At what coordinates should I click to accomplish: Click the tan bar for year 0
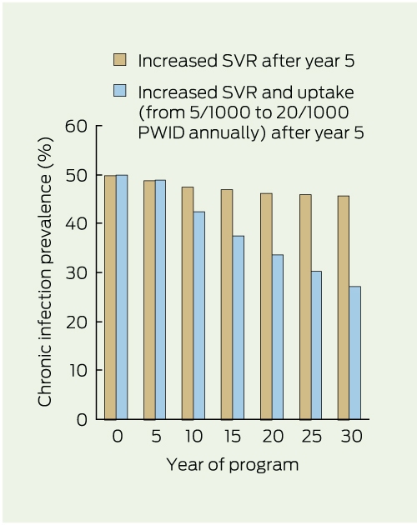coord(110,297)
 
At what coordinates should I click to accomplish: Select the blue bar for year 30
coord(354,352)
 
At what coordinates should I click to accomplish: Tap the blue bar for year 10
coord(199,315)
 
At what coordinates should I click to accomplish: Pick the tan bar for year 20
coord(266,306)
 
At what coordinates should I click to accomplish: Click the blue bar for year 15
coord(238,327)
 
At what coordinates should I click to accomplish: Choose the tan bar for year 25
coord(305,307)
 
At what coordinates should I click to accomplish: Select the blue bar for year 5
coord(160,300)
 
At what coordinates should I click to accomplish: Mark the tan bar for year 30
coord(344,307)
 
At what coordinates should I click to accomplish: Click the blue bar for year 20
coord(278,337)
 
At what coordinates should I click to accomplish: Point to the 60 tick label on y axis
coord(76,126)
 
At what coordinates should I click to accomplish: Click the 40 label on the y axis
coord(76,223)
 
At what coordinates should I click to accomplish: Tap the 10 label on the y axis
coord(78,370)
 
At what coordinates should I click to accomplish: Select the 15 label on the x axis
coord(232,437)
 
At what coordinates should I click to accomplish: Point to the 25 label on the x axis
coord(310,437)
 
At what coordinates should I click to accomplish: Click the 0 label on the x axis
coord(118,437)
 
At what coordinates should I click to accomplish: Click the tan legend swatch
coord(119,60)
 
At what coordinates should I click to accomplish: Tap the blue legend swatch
coord(119,90)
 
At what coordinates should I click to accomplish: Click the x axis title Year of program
coord(233,465)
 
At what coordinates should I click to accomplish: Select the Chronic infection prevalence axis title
coord(45,272)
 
